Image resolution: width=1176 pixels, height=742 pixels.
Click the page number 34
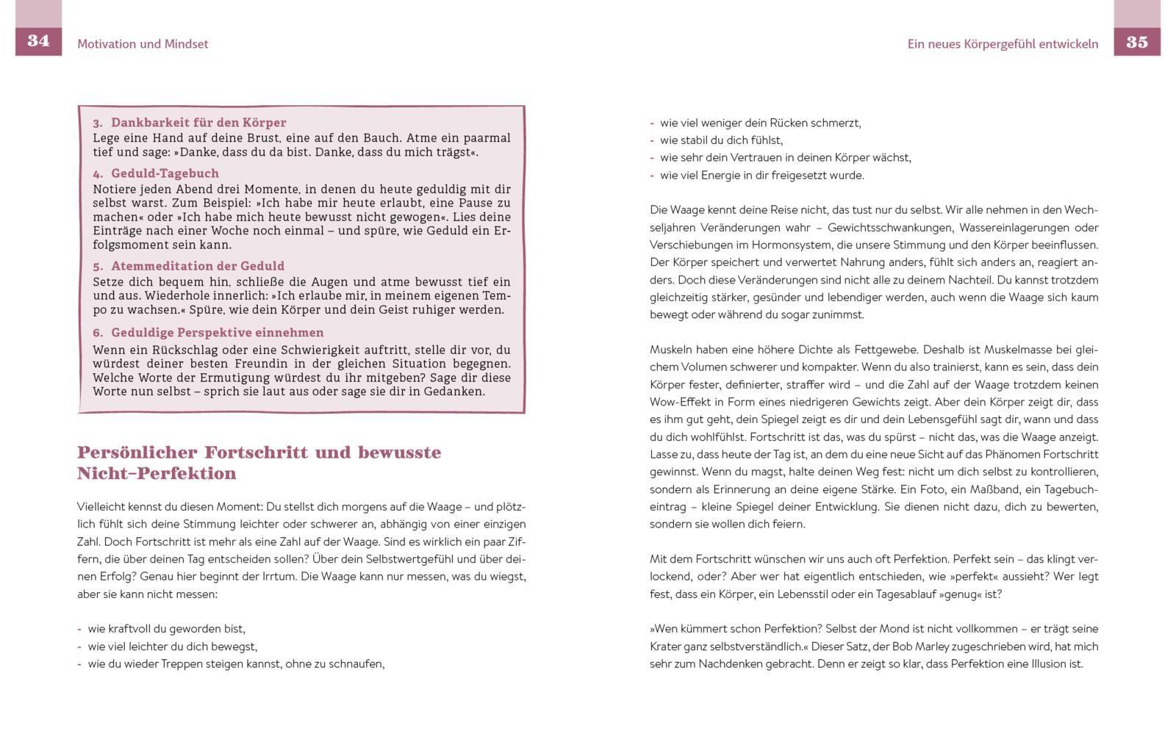(38, 41)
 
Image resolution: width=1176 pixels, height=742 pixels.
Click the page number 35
(1136, 42)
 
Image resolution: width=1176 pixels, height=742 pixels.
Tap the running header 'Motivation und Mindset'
(143, 44)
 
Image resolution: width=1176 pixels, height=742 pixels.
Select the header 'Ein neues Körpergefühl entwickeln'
(1003, 44)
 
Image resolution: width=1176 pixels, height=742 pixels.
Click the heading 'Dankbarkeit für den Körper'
(198, 123)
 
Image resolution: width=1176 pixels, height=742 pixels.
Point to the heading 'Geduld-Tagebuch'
(165, 174)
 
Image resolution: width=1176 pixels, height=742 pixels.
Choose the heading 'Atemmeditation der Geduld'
(198, 266)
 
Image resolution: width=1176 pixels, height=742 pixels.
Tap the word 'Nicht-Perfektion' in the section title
(157, 474)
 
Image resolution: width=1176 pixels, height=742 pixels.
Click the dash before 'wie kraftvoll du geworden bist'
(79, 629)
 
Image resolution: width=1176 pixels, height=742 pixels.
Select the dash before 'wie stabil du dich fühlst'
(652, 140)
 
